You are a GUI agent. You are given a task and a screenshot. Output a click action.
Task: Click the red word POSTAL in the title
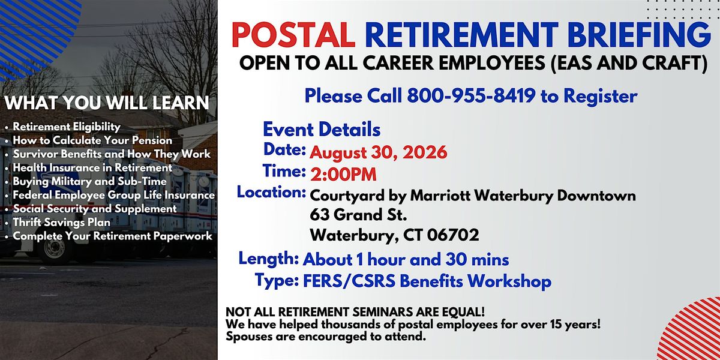click(x=293, y=35)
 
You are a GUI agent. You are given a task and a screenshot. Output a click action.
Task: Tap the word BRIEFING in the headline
click(x=639, y=35)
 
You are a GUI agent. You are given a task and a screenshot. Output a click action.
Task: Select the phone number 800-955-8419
click(x=471, y=96)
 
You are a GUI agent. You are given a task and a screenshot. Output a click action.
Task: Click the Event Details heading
click(x=322, y=130)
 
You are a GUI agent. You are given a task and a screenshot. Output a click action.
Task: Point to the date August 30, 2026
click(x=379, y=152)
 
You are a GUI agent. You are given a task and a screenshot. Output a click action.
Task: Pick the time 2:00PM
click(x=343, y=175)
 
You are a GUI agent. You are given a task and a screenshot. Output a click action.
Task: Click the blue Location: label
click(x=271, y=192)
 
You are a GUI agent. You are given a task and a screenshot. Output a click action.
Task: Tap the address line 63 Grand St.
click(x=358, y=215)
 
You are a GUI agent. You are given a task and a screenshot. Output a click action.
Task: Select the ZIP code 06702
click(x=453, y=235)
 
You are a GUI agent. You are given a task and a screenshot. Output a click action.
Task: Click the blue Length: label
click(x=269, y=259)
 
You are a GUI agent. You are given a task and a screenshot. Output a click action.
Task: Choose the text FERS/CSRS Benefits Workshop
click(x=427, y=281)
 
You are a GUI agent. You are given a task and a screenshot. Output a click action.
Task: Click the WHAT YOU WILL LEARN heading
click(x=107, y=103)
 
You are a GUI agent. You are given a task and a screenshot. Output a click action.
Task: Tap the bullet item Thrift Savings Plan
click(x=61, y=223)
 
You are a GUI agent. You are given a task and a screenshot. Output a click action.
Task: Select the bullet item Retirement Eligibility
click(x=67, y=127)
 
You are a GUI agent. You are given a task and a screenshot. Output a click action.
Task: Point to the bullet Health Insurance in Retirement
click(x=92, y=168)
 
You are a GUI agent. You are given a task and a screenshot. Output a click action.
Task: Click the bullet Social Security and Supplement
click(x=95, y=209)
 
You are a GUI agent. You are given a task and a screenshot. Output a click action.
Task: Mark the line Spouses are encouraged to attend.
click(x=326, y=337)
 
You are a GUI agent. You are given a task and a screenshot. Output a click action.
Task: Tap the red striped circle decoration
click(x=691, y=331)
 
